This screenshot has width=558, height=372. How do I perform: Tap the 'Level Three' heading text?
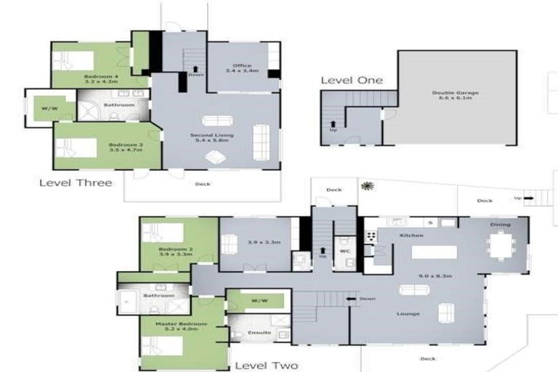click(76, 182)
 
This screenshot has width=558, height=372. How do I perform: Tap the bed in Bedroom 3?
click(76, 147)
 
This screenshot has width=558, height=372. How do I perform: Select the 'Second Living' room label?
click(210, 135)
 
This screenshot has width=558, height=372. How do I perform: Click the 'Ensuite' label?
click(259, 333)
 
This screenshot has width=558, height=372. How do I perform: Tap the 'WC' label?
click(345, 252)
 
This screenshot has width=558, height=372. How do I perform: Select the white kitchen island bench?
click(434, 252)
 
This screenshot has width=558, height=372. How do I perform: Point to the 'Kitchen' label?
click(411, 235)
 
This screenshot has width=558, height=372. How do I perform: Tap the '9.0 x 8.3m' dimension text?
click(415, 276)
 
